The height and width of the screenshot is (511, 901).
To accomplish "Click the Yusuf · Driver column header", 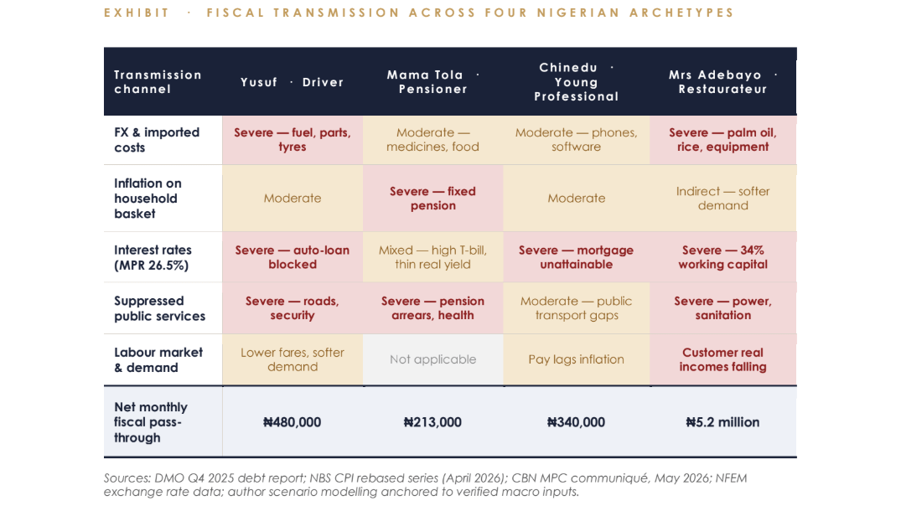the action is click(292, 82).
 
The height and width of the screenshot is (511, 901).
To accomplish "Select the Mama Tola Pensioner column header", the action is click(433, 81).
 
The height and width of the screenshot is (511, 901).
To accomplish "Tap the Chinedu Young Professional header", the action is click(577, 82).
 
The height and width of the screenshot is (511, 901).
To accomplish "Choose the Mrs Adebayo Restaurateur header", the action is click(722, 81).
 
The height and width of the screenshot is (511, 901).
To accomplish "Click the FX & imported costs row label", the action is click(157, 140).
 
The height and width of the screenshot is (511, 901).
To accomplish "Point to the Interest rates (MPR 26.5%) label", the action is click(153, 257).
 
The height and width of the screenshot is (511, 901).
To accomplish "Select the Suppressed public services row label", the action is click(160, 308).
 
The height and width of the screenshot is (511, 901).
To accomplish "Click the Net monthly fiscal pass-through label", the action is click(151, 422).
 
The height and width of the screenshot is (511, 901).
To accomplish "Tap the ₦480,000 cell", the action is click(292, 422).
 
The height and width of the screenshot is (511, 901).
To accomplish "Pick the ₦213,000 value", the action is click(432, 422).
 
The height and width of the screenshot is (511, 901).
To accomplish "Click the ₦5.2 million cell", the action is click(722, 422).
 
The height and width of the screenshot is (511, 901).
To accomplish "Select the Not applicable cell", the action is click(432, 359).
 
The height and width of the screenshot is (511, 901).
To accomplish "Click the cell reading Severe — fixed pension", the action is click(432, 198).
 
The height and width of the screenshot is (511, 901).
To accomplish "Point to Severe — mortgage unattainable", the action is click(577, 257).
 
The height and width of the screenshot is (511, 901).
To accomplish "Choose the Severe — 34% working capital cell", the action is click(722, 257).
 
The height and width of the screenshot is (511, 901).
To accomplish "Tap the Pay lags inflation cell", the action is click(577, 359).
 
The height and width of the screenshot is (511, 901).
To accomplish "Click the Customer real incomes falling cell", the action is click(722, 359).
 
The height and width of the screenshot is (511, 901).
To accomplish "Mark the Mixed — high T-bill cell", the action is click(432, 257).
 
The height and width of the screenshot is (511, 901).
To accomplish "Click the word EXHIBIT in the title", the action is click(137, 13).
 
